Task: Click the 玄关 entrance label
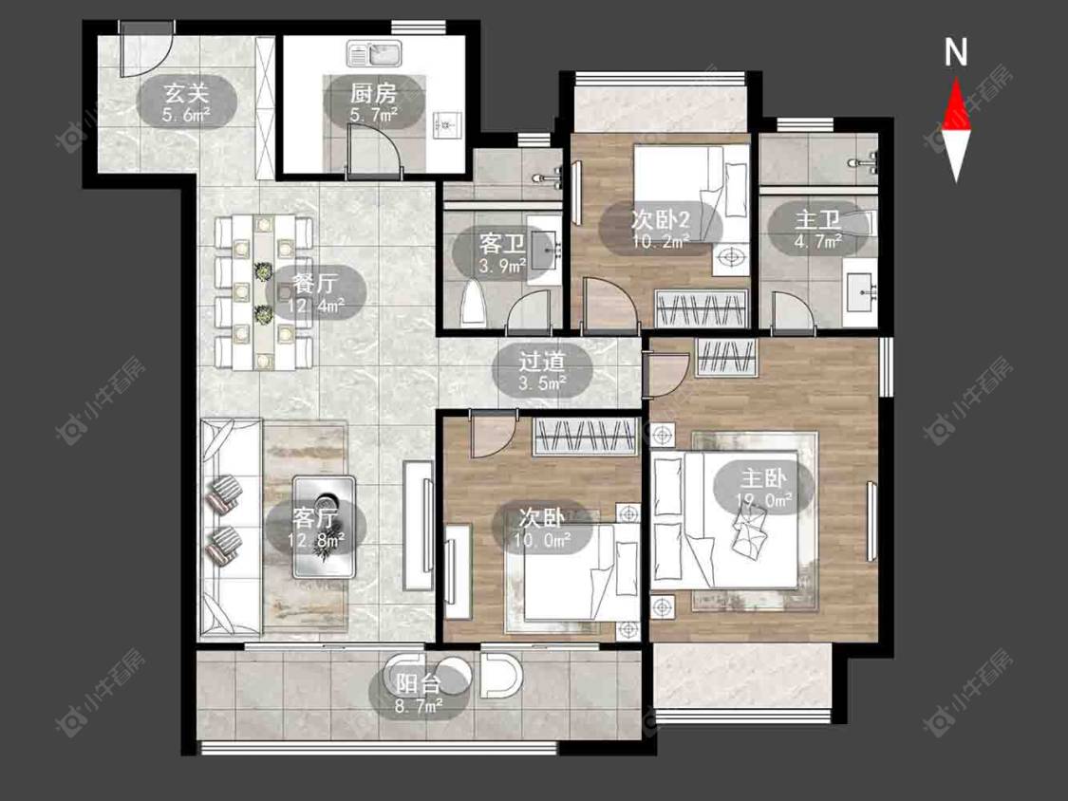(187, 92)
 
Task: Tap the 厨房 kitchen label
(373, 92)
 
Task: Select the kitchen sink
(375, 53)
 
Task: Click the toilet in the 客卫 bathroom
(473, 304)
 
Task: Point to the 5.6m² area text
(187, 115)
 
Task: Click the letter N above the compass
(956, 52)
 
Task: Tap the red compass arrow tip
(956, 79)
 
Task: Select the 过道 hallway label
(542, 361)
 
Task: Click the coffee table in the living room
(325, 527)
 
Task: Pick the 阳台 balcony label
(419, 684)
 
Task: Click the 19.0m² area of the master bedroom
(763, 501)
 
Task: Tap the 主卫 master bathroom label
(818, 219)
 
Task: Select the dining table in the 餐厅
(264, 292)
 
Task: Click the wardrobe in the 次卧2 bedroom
(700, 309)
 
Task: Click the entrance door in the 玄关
(145, 50)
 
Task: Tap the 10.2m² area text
(661, 240)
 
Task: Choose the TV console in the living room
(418, 525)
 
